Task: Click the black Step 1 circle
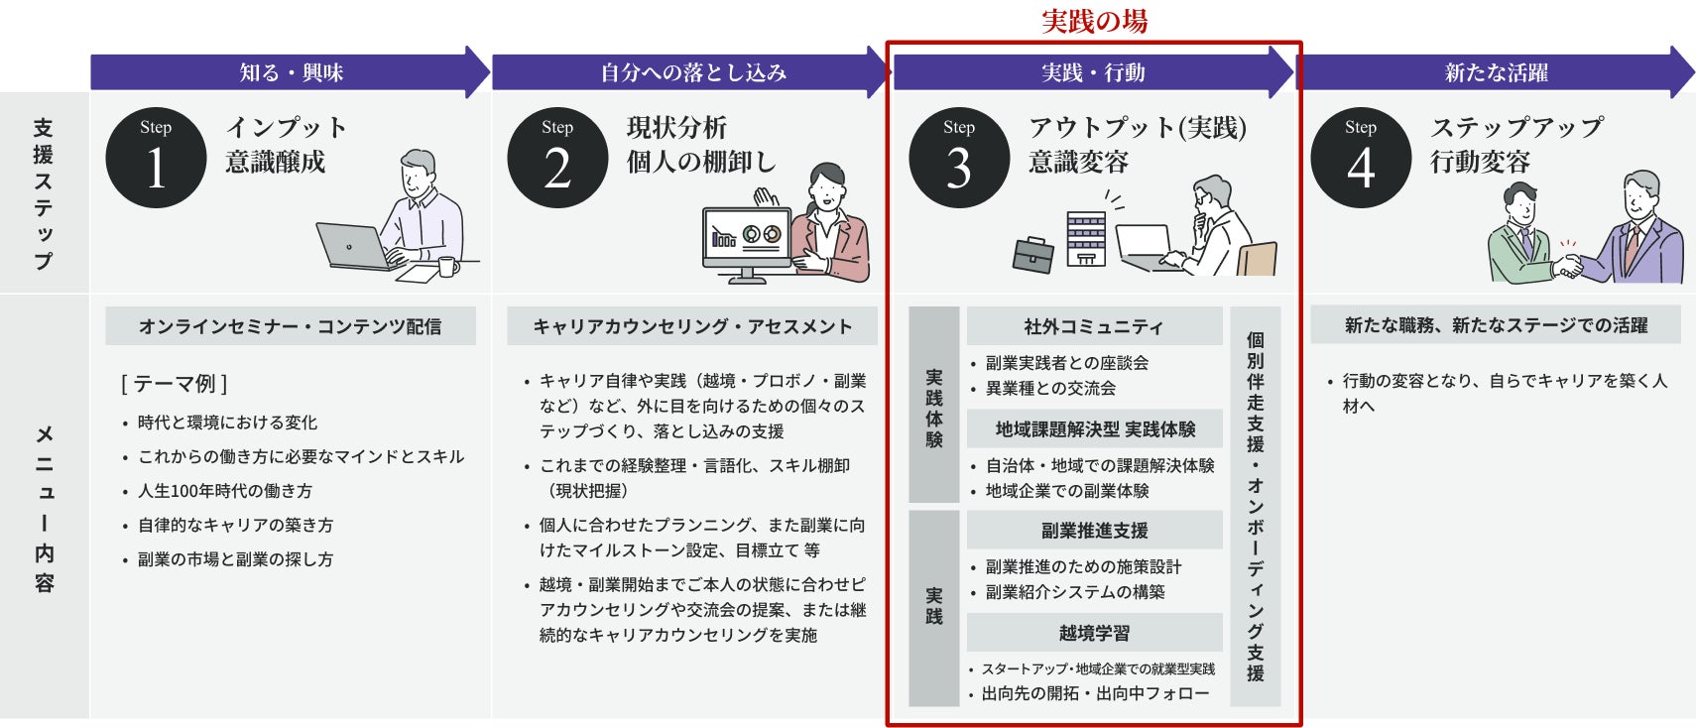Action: tap(156, 158)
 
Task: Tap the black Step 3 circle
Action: tap(959, 158)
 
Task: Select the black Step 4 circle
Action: tap(1361, 158)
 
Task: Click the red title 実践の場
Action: tap(1094, 21)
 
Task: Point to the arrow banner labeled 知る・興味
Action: tap(290, 72)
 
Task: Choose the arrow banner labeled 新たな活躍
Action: tap(1496, 72)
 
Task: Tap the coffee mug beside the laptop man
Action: tap(448, 267)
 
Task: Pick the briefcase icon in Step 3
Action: tap(1032, 255)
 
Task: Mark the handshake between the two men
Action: tap(1567, 266)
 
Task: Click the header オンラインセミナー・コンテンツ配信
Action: tap(290, 326)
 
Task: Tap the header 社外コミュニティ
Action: tap(1094, 326)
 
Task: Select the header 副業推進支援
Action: tap(1094, 531)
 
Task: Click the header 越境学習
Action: tap(1094, 633)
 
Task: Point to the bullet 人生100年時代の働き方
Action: tap(225, 491)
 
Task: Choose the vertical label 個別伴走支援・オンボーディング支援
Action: tap(1256, 506)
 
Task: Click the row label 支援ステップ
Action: tap(44, 194)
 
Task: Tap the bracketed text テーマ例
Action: tap(175, 384)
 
